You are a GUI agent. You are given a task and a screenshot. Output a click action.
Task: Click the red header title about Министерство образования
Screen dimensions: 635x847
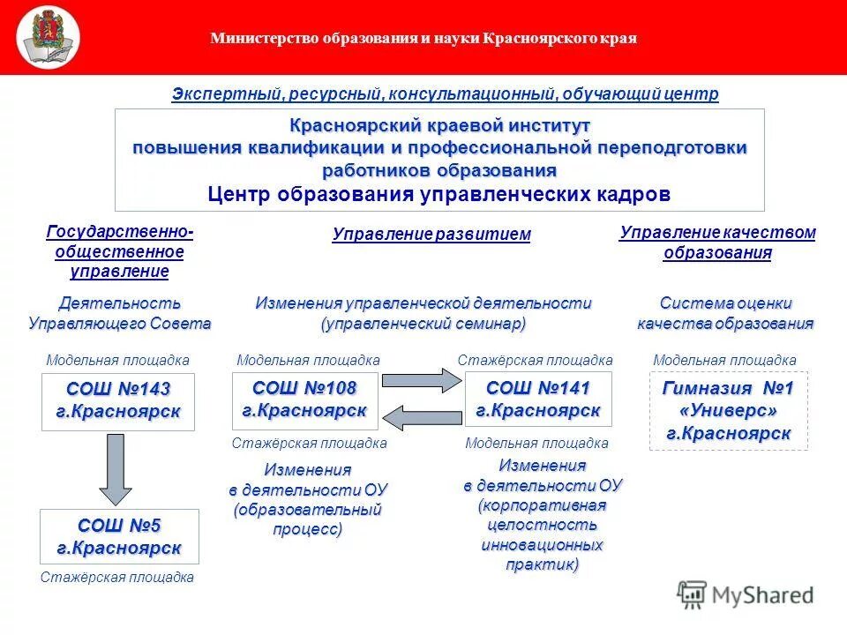[423, 38]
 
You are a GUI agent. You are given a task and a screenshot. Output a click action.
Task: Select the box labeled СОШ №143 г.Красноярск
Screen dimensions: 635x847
[118, 401]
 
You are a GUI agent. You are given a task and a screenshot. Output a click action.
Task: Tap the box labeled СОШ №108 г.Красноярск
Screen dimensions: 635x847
[304, 400]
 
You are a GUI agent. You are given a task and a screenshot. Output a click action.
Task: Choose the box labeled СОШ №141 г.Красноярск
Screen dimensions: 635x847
[537, 400]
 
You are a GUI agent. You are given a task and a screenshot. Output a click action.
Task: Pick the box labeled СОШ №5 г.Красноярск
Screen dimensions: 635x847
[119, 536]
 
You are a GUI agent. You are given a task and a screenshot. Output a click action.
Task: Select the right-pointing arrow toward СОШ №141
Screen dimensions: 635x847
[421, 380]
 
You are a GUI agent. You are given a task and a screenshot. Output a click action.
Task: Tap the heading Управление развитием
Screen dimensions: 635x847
[431, 235]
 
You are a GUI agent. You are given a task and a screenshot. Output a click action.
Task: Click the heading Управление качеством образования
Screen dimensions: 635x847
[717, 243]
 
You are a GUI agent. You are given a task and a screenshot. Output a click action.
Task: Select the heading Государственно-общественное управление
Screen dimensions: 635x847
[119, 251]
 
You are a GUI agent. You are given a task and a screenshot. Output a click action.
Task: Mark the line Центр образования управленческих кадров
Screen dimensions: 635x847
[439, 194]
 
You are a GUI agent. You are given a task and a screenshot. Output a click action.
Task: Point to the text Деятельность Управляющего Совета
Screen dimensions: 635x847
[119, 313]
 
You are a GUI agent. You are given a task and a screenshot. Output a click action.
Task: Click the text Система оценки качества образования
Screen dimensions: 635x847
[725, 313]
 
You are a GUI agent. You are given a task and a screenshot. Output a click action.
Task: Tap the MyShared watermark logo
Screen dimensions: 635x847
[746, 595]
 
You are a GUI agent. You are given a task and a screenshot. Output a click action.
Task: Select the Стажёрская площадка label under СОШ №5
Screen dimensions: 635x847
[117, 578]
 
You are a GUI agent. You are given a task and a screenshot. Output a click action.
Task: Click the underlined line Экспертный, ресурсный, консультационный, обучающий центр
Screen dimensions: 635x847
[445, 93]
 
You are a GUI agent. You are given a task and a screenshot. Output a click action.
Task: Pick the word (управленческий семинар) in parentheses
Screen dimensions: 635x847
[423, 324]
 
